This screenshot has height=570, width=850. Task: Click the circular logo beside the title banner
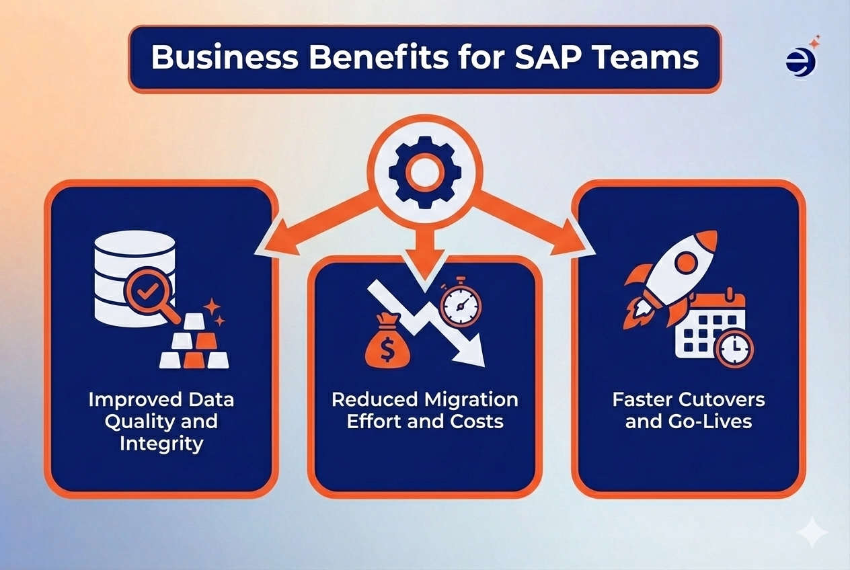800,62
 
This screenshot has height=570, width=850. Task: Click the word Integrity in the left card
161,443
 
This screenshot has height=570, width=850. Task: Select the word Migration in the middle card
471,400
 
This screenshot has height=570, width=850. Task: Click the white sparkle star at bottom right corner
812,534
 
